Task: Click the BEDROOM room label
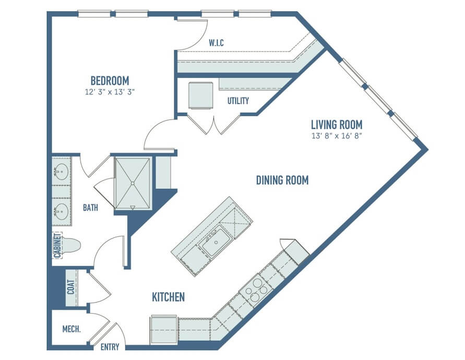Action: pyautogui.click(x=110, y=81)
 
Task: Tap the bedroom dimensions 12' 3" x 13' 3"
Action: pyautogui.click(x=110, y=92)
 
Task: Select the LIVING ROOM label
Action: pyautogui.click(x=337, y=125)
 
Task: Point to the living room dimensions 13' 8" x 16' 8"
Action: pyautogui.click(x=337, y=136)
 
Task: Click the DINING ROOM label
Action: pyautogui.click(x=282, y=180)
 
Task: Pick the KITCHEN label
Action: pyautogui.click(x=168, y=297)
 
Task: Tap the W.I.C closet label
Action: pyautogui.click(x=216, y=43)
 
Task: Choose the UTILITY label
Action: pyautogui.click(x=238, y=101)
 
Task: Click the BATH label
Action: pyautogui.click(x=90, y=208)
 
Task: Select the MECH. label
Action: pyautogui.click(x=71, y=329)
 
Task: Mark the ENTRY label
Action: pyautogui.click(x=110, y=347)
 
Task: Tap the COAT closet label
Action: pyautogui.click(x=70, y=287)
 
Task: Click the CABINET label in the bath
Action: pyautogui.click(x=57, y=246)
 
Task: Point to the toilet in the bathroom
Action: pyautogui.click(x=71, y=245)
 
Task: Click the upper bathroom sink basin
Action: pyautogui.click(x=62, y=172)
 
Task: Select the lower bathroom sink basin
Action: pyautogui.click(x=62, y=211)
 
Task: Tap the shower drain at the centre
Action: pyautogui.click(x=133, y=183)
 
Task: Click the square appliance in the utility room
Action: pyautogui.click(x=201, y=95)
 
